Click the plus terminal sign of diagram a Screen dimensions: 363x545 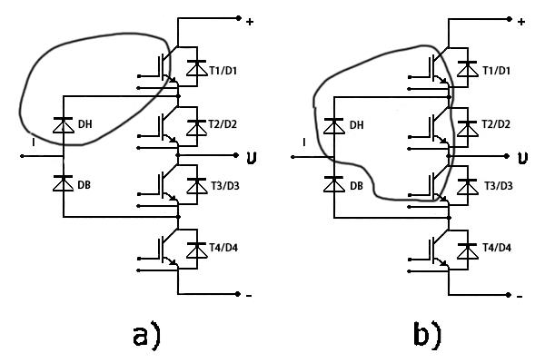250,21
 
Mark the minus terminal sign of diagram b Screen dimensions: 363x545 519,296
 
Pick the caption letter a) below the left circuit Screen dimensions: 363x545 144,335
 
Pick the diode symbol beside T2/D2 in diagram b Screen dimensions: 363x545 465,123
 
